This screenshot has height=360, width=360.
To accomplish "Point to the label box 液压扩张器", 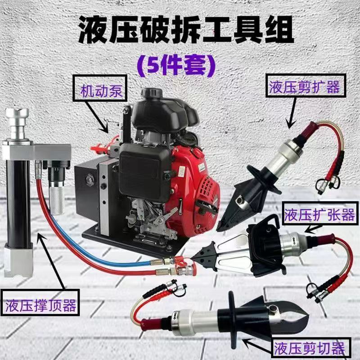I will coord(318,215).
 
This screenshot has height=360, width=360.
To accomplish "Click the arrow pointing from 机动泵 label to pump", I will coord(101,119).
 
